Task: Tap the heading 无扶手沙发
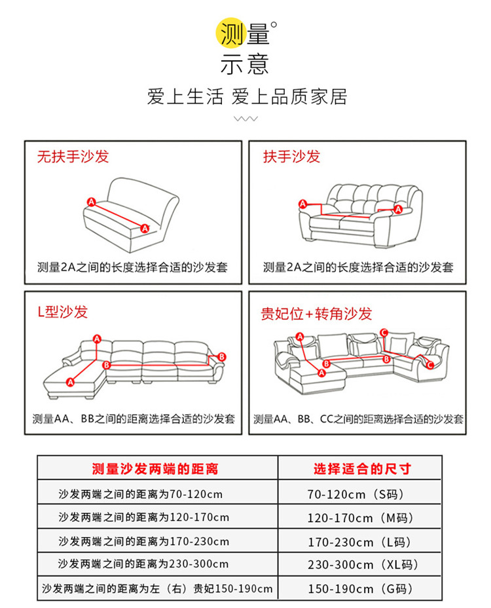point(72,157)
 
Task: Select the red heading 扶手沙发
point(291,157)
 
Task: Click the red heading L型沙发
point(62,312)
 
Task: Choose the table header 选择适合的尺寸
point(361,468)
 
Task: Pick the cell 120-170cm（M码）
point(360,518)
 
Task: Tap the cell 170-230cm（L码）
point(359,542)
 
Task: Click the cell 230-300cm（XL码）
point(363,564)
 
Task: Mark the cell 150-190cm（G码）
point(360,588)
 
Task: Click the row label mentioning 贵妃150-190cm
point(156,588)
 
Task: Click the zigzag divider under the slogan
point(245,120)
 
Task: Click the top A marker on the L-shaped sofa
point(97,339)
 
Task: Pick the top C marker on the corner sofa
point(384,332)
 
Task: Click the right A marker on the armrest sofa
point(398,209)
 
